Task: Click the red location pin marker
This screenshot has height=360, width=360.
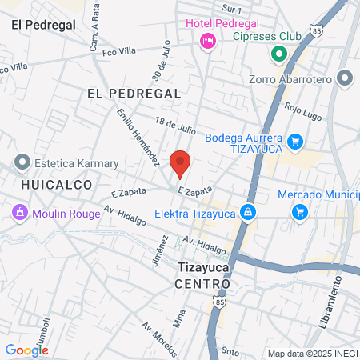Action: [x=180, y=163]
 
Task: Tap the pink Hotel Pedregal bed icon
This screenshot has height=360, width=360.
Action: [x=208, y=40]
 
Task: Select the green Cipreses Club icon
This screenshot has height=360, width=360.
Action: [x=278, y=54]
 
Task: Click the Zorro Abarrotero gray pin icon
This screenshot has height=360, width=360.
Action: [x=345, y=78]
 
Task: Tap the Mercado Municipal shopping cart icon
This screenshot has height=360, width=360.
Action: [x=300, y=212]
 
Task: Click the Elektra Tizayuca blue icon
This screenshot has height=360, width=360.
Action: [x=248, y=212]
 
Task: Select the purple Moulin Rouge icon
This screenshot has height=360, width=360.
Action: [x=18, y=213]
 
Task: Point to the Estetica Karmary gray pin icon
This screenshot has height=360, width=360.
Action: [x=21, y=162]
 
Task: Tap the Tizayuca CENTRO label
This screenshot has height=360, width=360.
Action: [x=203, y=276]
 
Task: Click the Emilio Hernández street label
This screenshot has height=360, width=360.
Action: [x=137, y=138]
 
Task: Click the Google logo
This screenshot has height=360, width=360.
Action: [x=26, y=350]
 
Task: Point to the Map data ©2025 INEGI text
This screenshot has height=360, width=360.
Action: [x=312, y=354]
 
